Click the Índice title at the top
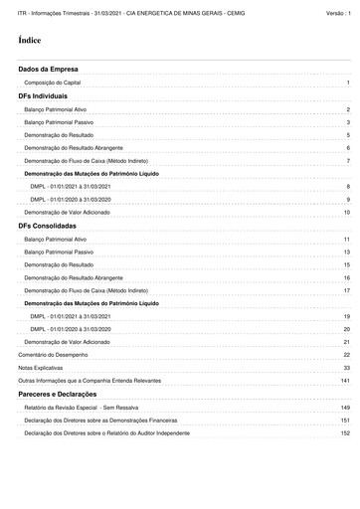coord(29,42)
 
